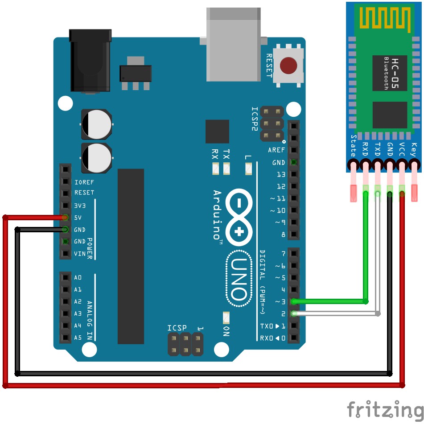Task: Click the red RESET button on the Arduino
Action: point(288,66)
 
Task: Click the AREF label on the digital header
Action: point(276,150)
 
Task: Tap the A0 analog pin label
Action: point(78,277)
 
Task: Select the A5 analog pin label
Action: point(78,338)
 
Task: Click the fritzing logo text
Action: point(385,409)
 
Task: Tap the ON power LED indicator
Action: point(226,317)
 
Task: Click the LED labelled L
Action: point(249,169)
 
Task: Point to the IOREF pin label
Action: point(84,182)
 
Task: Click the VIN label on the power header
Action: point(79,254)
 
